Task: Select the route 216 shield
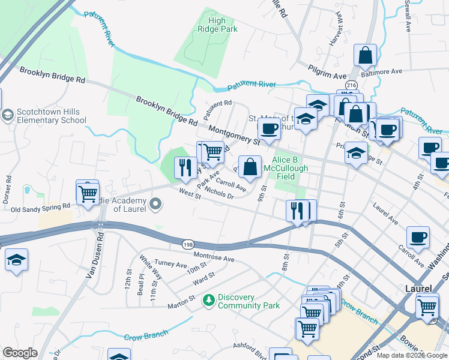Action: click(352, 85)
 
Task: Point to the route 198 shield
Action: click(187, 244)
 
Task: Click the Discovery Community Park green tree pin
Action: click(208, 299)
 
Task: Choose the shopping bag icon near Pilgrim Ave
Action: click(365, 57)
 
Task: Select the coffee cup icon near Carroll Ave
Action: click(418, 238)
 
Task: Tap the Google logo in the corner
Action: click(20, 353)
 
